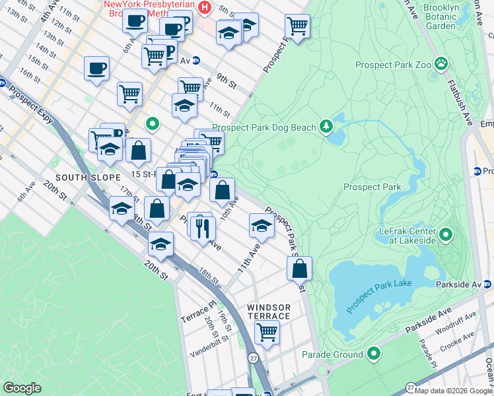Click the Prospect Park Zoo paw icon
(441, 65)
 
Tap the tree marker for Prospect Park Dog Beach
(326, 126)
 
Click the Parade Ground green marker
(374, 354)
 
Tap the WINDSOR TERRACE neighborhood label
(269, 312)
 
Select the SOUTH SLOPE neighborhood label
(81, 178)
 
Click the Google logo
(22, 388)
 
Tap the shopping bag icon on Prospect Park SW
(300, 268)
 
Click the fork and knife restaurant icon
(203, 228)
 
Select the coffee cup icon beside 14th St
(96, 68)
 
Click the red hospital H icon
(205, 8)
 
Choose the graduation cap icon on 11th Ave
(262, 226)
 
